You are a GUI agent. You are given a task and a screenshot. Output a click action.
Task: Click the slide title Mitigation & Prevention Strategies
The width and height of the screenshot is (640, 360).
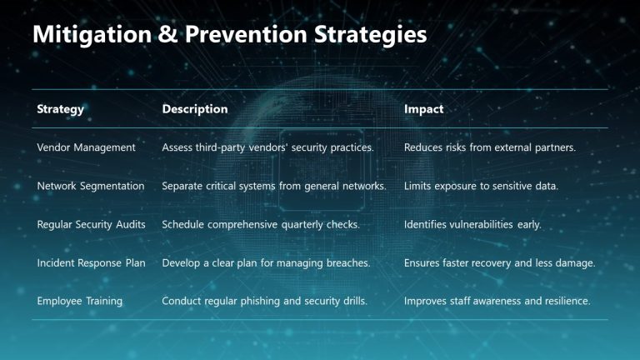tap(229, 35)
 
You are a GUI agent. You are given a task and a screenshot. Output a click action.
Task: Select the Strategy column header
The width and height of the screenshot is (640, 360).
tap(61, 109)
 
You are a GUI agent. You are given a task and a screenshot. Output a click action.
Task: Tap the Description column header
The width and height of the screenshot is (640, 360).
tap(195, 109)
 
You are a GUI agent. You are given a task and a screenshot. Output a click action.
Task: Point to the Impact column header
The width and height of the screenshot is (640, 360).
tap(424, 109)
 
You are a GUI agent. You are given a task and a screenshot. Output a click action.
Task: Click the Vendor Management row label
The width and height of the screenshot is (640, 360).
tap(87, 147)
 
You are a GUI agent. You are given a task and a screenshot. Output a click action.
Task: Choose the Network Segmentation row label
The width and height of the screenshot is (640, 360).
tap(91, 186)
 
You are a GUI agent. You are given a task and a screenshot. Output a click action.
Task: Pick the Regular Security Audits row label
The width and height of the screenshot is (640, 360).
tap(92, 224)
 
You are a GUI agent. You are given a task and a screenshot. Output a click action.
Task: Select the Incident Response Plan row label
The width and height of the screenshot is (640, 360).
tap(92, 262)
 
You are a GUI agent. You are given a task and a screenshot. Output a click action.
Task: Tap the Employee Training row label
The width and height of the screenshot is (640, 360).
tap(80, 301)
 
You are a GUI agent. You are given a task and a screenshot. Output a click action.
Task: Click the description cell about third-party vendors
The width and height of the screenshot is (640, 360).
tap(267, 147)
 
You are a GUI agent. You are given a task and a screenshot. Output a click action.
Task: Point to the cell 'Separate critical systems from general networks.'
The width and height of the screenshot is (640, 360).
tap(274, 186)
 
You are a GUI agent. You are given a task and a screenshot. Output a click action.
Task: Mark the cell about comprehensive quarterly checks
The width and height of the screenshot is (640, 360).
tap(261, 224)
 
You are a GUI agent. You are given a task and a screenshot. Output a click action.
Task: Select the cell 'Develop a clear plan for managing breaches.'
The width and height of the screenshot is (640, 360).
tap(266, 262)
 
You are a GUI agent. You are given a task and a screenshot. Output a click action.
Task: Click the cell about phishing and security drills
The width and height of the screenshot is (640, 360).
tap(264, 301)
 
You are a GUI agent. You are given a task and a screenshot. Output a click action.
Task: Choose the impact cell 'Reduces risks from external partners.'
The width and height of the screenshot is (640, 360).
tap(491, 147)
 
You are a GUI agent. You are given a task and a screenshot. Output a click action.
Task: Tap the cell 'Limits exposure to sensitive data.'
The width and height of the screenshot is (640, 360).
tap(481, 186)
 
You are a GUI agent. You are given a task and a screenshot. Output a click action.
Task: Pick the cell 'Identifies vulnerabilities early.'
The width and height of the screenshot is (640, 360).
tap(472, 224)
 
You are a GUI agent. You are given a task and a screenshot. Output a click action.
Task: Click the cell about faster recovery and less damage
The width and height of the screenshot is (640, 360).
tap(500, 262)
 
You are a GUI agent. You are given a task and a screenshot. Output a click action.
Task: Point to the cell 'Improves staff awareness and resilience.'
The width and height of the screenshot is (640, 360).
tap(497, 301)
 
